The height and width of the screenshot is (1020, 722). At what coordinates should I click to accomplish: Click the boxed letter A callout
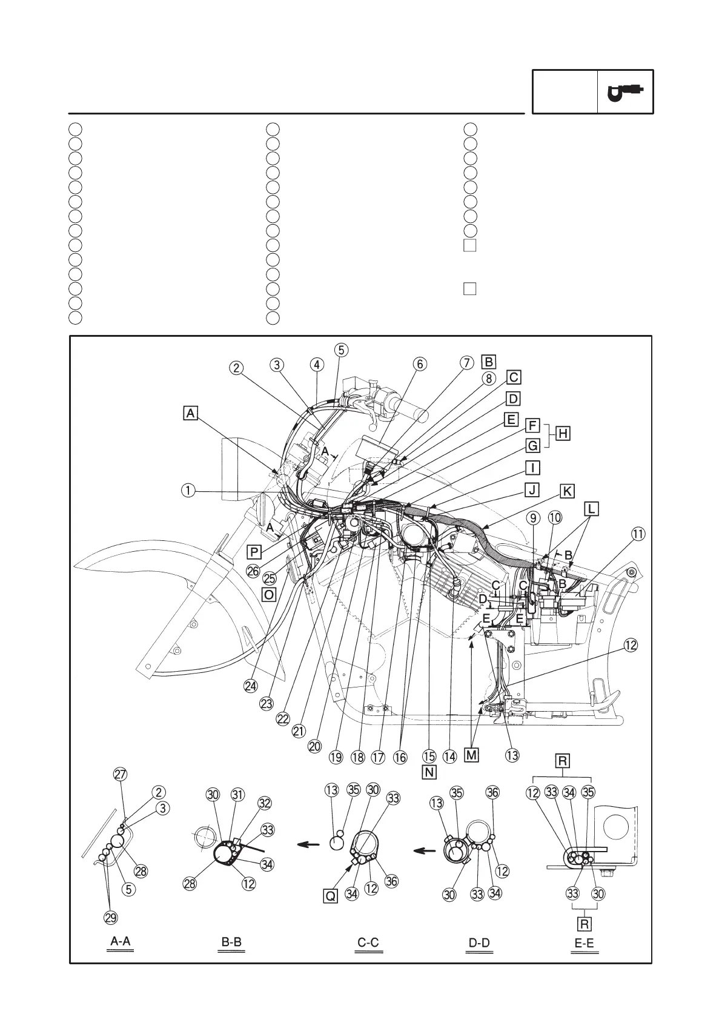point(191,413)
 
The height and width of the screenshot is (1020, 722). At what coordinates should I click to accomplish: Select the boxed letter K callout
point(567,491)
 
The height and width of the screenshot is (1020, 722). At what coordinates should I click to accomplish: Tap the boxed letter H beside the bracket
point(563,434)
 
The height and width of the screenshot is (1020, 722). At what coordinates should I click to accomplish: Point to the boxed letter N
point(429,772)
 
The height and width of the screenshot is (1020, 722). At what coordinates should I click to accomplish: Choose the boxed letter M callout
point(471,755)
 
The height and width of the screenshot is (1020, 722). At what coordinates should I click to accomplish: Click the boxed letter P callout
point(254,551)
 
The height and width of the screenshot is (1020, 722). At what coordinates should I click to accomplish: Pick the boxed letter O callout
point(269,594)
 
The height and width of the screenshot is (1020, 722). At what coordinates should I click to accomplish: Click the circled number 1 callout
point(189,490)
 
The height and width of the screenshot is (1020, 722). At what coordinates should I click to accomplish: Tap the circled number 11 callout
point(638,534)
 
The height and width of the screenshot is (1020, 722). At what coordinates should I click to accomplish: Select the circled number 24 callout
point(251,686)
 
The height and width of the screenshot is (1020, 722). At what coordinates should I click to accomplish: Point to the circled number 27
point(121,774)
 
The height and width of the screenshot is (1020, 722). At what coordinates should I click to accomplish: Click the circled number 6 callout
point(419,364)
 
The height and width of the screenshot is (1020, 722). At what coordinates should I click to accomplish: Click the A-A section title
point(120,941)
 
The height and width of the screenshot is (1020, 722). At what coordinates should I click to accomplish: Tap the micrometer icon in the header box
point(626,92)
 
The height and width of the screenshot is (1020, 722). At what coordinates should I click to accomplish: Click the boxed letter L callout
point(592,508)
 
